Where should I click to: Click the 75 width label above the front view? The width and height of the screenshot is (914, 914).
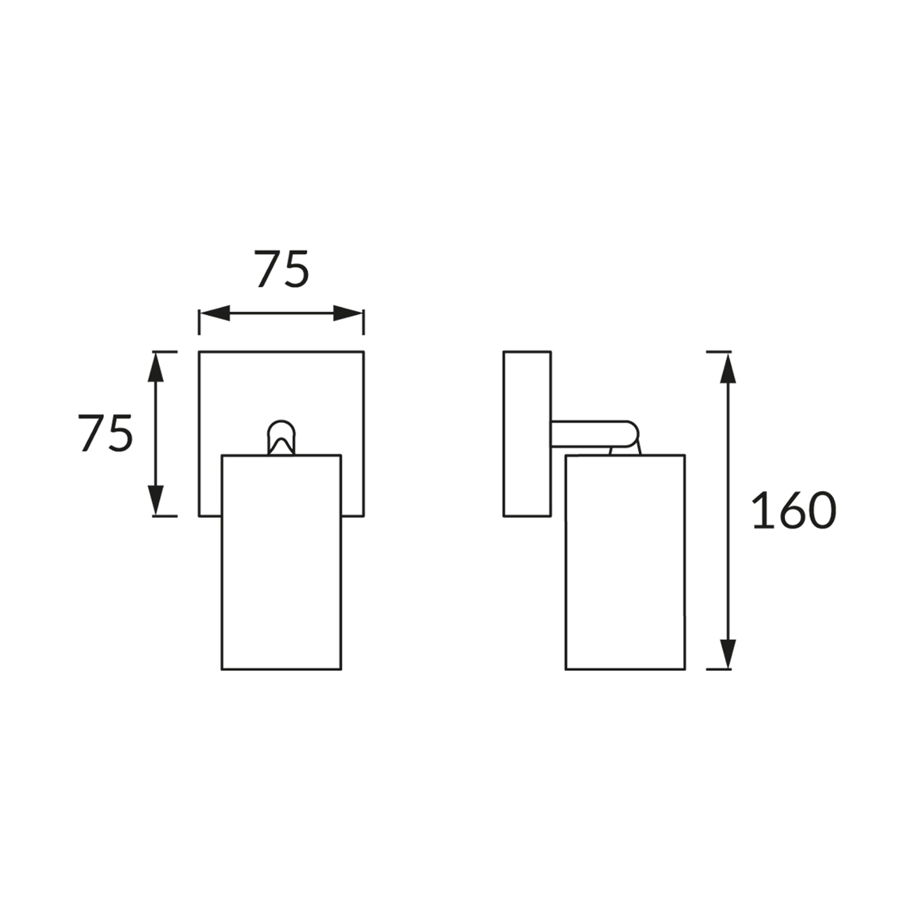[282, 269]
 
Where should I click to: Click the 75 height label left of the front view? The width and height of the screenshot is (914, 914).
[106, 433]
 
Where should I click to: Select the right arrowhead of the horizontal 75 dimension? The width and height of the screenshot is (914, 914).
[348, 313]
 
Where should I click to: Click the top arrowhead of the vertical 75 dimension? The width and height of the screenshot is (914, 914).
[155, 368]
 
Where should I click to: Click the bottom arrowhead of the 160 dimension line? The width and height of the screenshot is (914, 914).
[728, 654]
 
